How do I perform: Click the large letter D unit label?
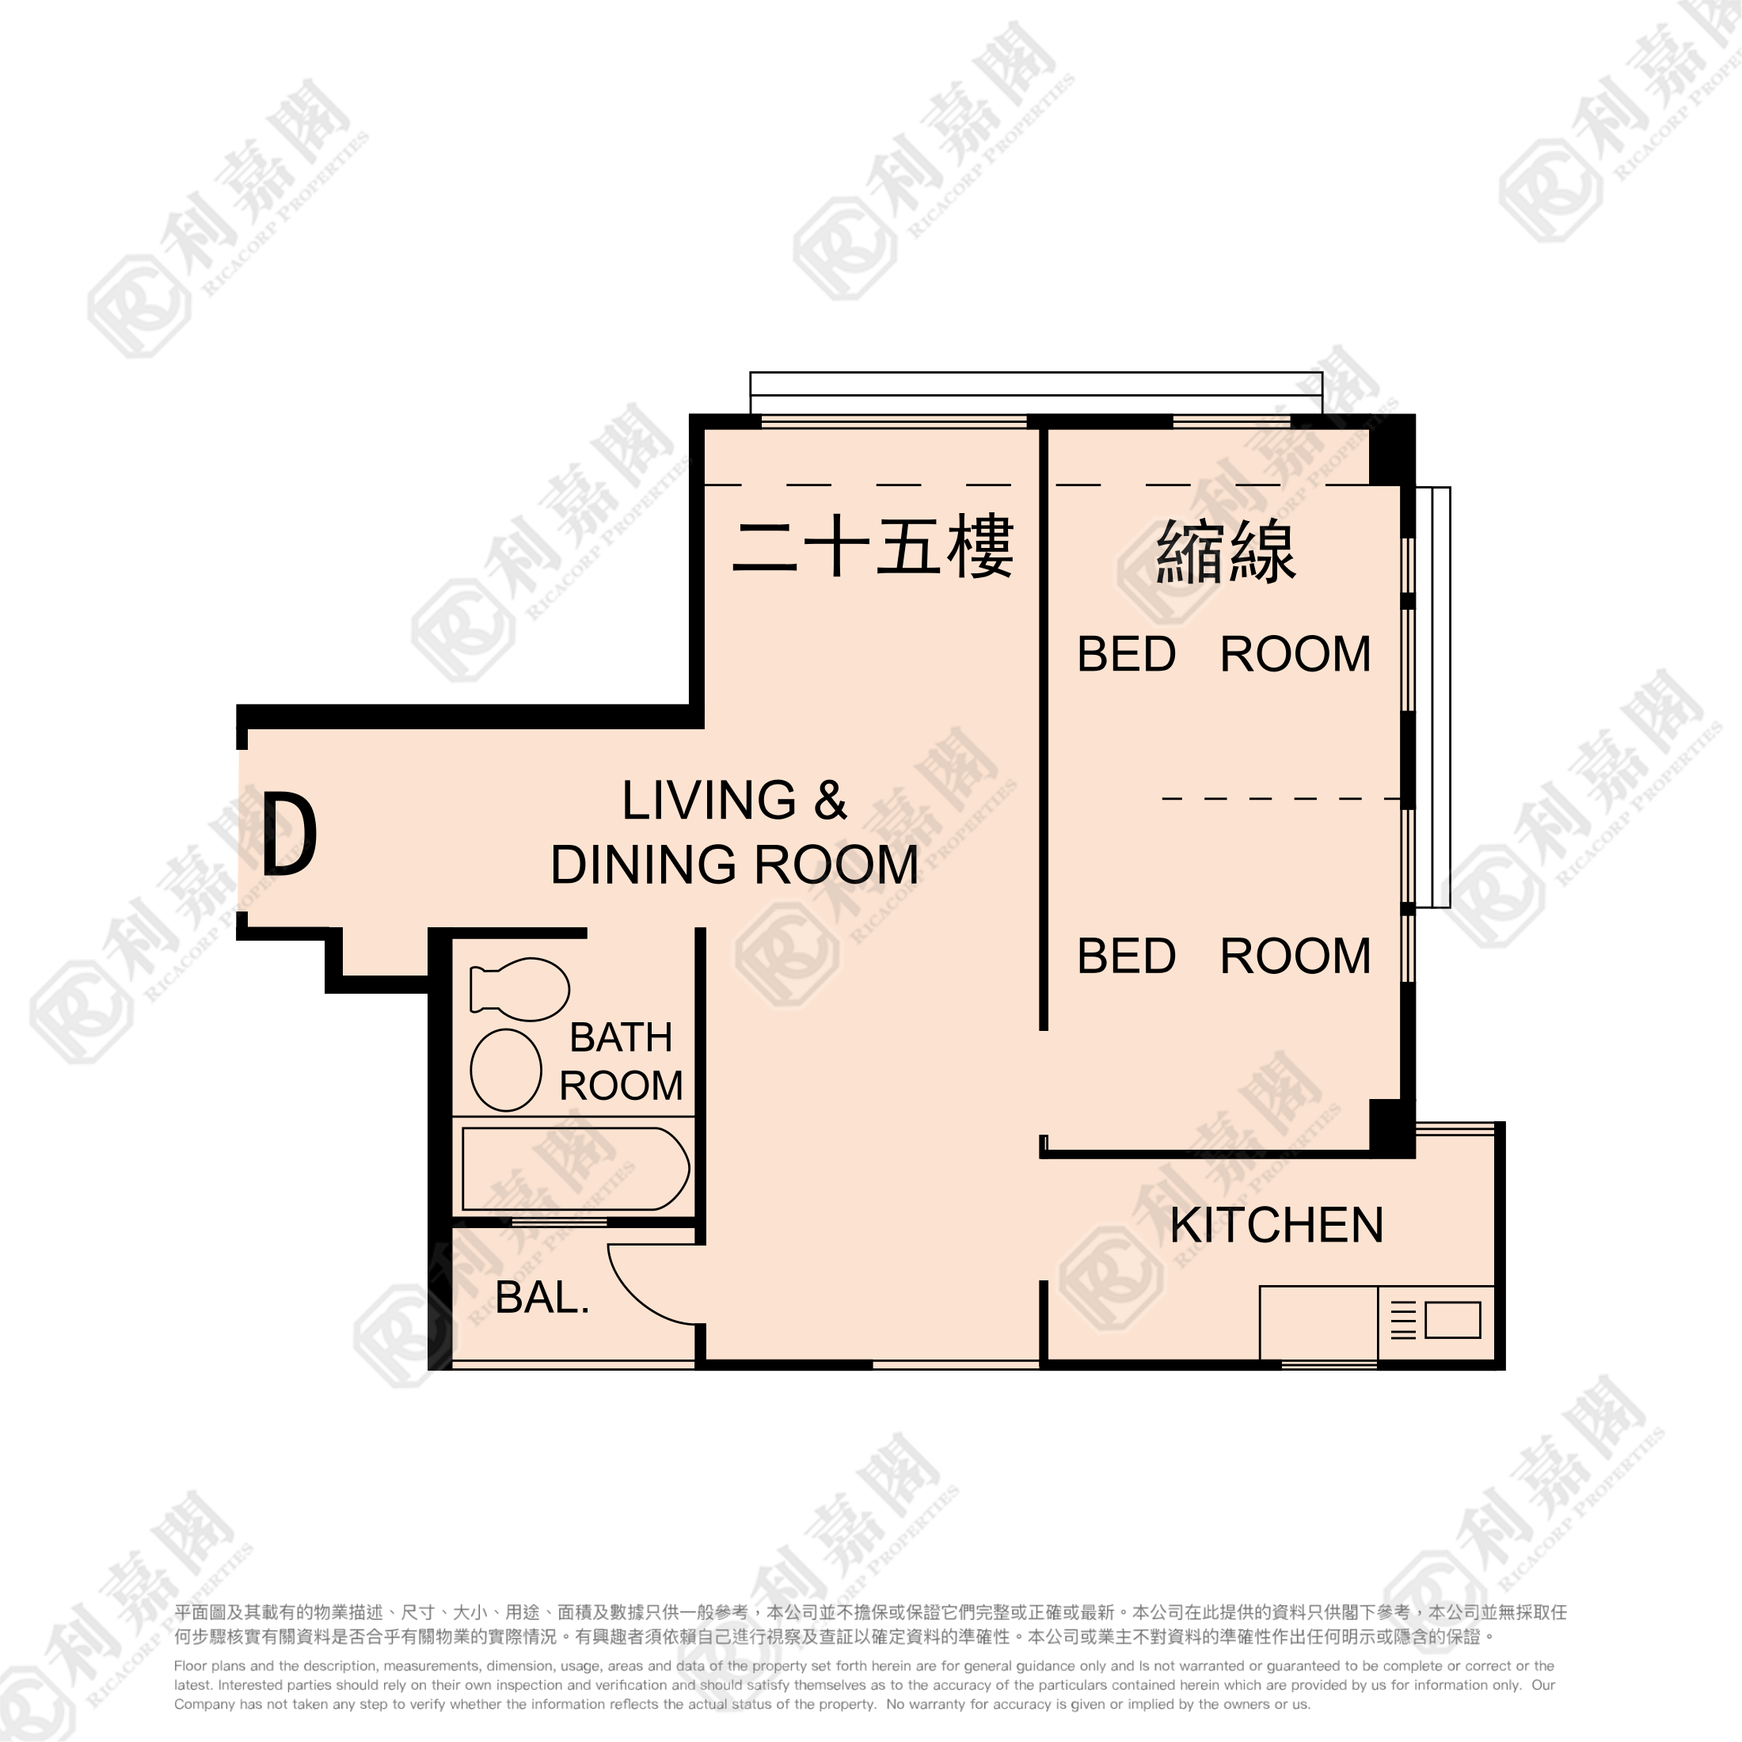290,833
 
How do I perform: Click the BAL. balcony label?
542,1298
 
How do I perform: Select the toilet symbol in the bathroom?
519,989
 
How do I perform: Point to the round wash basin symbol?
506,1071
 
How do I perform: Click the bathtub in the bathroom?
576,1169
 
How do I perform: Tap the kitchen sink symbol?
1452,1320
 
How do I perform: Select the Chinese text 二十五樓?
873,546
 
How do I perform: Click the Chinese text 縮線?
1227,551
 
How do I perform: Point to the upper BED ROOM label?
1223,654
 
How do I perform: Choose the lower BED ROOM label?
1223,956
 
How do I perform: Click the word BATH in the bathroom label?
622,1038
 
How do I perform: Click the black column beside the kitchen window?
1390,1127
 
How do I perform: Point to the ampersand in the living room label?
831,800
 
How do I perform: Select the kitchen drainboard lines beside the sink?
1403,1321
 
